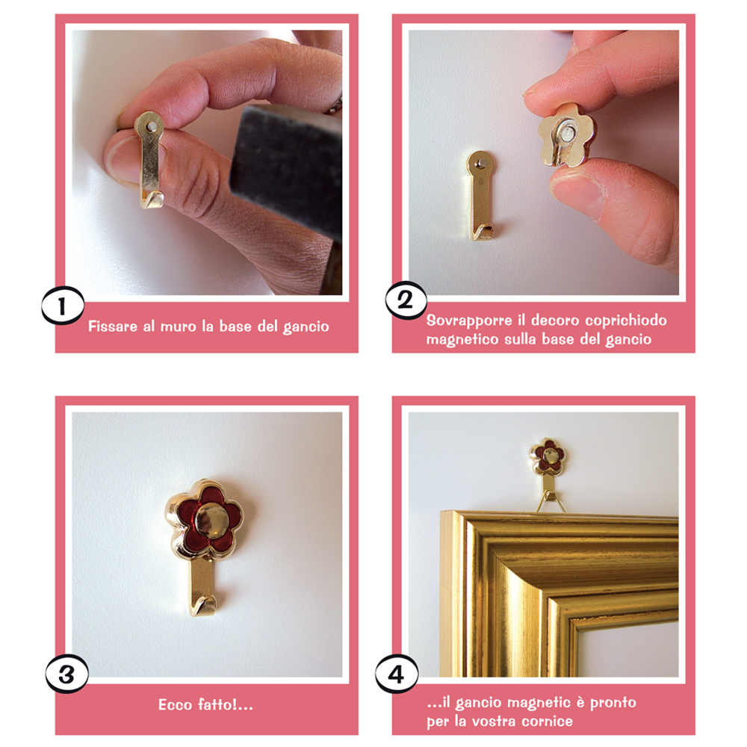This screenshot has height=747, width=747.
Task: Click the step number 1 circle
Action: tap(63, 306)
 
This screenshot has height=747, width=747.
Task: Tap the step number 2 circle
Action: tap(406, 300)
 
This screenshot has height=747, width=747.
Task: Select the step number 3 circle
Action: tap(66, 674)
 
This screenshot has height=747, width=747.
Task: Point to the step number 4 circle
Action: tap(397, 674)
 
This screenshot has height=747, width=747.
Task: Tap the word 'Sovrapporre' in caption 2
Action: tap(469, 320)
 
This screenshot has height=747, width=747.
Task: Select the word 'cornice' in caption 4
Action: tap(547, 722)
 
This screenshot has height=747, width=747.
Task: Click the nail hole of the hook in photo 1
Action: tap(152, 126)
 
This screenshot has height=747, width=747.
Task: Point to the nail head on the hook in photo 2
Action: tap(480, 164)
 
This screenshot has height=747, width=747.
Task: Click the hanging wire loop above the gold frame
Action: tap(551, 503)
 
